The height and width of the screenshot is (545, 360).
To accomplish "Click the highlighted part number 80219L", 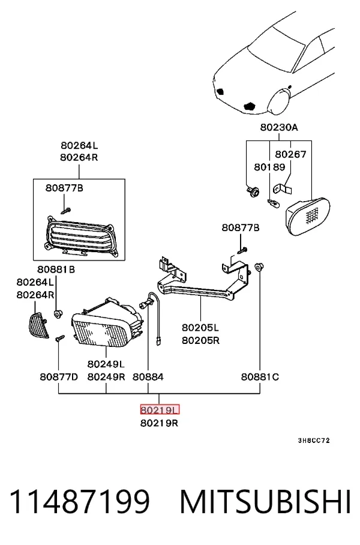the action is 160,410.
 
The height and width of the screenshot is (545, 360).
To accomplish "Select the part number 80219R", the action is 160,423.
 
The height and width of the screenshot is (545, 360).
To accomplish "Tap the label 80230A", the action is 279,127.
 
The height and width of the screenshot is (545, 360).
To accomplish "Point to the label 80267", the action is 291,154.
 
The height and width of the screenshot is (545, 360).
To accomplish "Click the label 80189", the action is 269,167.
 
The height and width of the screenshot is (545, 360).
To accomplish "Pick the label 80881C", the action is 260,377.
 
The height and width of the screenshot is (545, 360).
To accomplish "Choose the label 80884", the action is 148,377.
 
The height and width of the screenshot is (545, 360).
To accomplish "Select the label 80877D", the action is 59,377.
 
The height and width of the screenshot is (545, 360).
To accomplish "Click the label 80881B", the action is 56,269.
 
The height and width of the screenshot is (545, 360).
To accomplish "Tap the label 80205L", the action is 200,327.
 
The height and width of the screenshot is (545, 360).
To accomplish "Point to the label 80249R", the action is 106,377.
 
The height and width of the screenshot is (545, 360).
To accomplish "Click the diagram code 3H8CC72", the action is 314,441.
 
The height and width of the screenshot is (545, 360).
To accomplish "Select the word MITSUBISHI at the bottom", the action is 266,502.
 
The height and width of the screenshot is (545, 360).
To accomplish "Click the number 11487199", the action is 80,502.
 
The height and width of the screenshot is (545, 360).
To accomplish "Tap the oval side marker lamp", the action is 308,216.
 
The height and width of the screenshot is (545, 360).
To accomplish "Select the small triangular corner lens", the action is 38,325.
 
